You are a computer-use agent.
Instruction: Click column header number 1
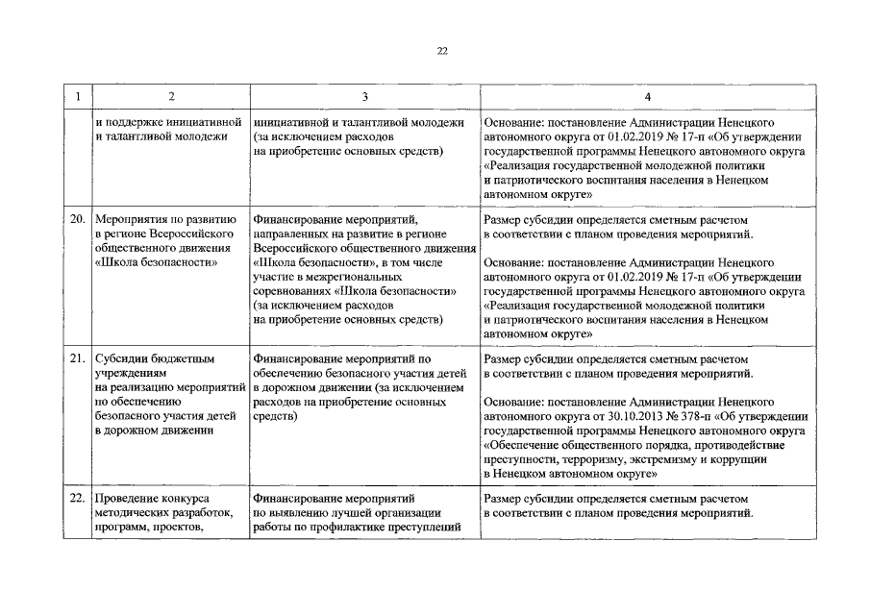pyautogui.click(x=77, y=96)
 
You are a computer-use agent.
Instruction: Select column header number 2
pyautogui.click(x=171, y=96)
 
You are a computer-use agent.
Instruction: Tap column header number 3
pyautogui.click(x=364, y=96)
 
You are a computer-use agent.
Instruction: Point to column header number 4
pyautogui.click(x=647, y=96)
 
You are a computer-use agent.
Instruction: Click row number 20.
pyautogui.click(x=79, y=219)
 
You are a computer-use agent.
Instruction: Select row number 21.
pyautogui.click(x=79, y=360)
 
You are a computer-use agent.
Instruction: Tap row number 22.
pyautogui.click(x=79, y=499)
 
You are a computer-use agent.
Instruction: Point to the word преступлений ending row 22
pyautogui.click(x=424, y=527)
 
